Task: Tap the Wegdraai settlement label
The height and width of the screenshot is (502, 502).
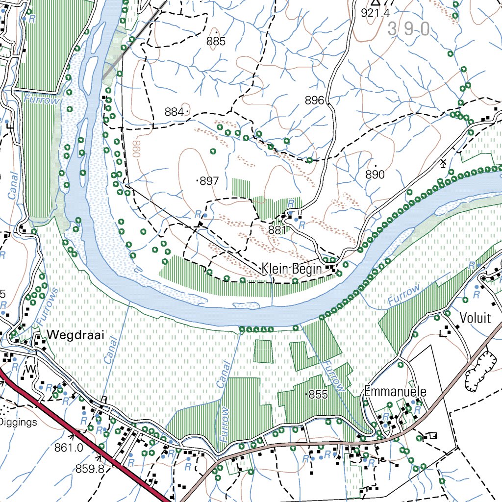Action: click(x=69, y=335)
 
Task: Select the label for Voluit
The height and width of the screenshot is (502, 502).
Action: click(x=475, y=318)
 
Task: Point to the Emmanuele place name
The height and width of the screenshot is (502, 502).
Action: click(x=395, y=392)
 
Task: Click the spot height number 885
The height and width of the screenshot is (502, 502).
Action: click(x=216, y=42)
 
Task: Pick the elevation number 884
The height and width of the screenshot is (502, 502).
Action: click(x=174, y=112)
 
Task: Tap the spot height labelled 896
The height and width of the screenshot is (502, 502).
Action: click(x=314, y=100)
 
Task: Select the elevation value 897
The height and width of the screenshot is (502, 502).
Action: click(x=209, y=181)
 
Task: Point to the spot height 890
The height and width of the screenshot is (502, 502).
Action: click(x=375, y=175)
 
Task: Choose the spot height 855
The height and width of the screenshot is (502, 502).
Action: click(x=318, y=395)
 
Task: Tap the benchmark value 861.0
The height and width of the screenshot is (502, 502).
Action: click(x=69, y=447)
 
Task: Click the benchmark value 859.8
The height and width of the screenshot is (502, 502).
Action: click(x=90, y=469)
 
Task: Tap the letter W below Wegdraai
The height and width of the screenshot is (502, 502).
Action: click(x=31, y=368)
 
